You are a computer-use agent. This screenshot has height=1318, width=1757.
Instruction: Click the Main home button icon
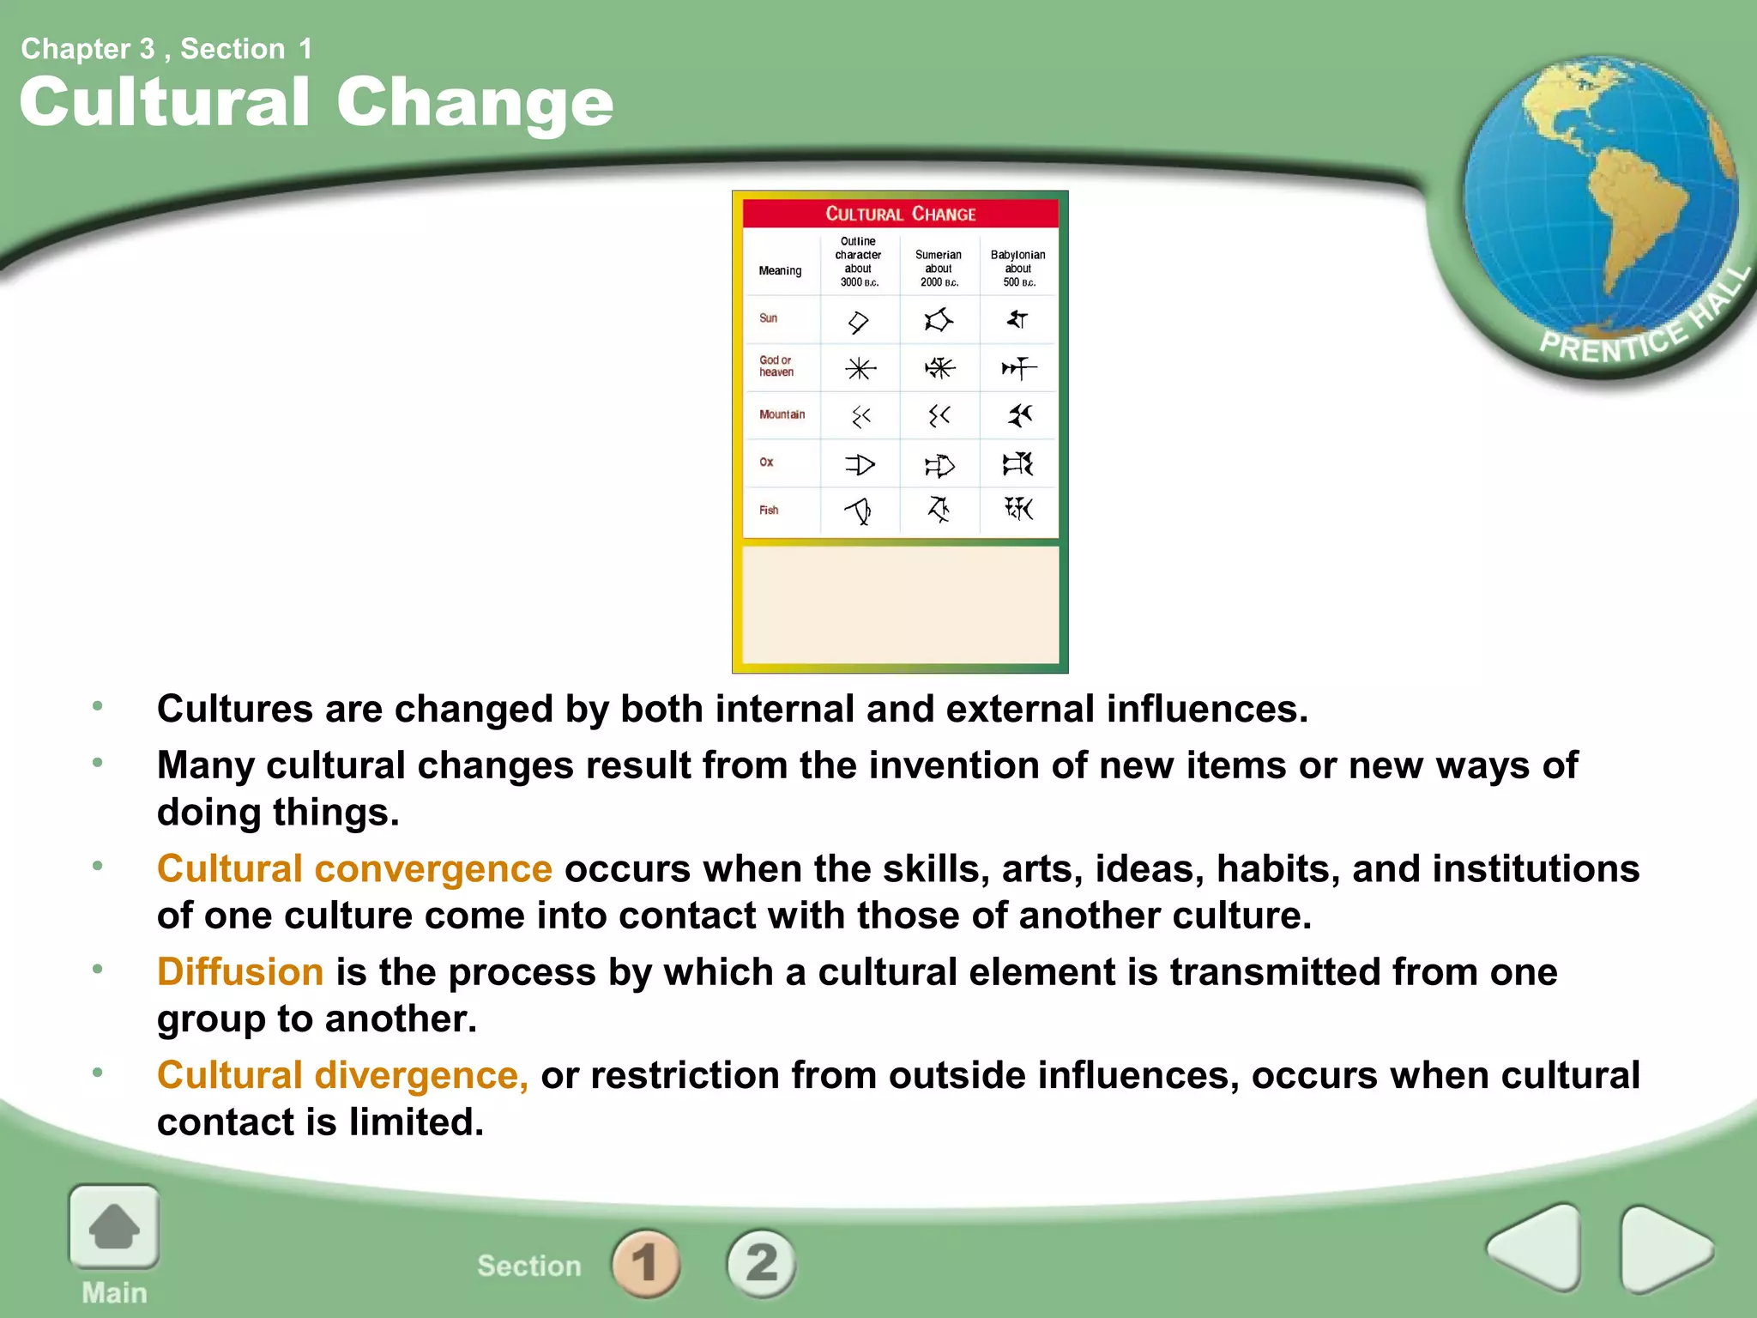(114, 1227)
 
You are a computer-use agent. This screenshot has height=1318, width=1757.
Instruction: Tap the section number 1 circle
(645, 1263)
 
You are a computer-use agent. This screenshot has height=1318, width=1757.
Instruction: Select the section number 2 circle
(761, 1263)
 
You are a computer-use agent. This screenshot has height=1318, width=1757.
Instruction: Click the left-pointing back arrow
(1536, 1247)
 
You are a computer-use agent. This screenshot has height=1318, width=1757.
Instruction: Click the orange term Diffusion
(240, 972)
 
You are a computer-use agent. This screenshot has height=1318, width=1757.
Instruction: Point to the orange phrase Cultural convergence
(354, 868)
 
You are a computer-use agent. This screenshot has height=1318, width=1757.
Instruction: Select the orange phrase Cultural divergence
(342, 1075)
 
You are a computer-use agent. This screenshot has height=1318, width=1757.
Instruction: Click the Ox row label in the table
(766, 462)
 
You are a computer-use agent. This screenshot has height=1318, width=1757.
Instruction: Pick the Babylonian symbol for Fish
(1018, 509)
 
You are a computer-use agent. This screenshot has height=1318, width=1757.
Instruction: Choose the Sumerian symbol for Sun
(939, 320)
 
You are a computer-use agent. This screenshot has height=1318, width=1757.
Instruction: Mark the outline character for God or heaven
(860, 369)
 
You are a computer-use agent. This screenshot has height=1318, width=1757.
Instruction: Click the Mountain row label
(782, 414)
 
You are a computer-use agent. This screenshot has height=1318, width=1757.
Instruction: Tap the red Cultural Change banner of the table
(900, 214)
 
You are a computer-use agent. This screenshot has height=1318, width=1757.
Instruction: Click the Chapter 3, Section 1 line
(166, 49)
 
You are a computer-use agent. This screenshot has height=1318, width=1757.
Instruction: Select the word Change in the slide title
(474, 102)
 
